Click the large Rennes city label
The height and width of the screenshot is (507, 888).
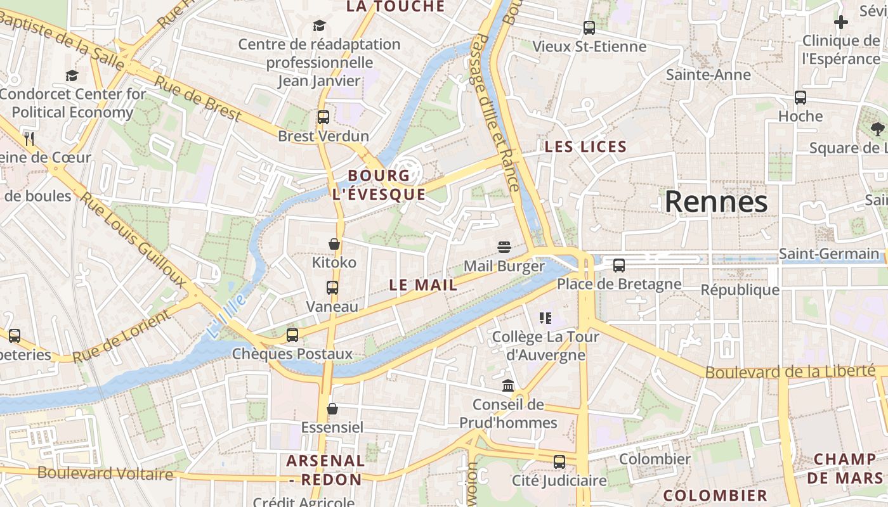[716, 202]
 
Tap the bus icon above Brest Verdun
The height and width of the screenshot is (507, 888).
[323, 117]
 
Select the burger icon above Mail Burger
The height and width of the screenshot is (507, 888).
[504, 247]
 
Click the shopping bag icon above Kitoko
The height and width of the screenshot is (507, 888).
[334, 244]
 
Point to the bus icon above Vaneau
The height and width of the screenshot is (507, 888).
[332, 288]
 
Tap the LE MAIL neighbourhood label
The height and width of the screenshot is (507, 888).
[423, 285]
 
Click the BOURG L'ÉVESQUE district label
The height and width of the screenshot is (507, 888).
[379, 184]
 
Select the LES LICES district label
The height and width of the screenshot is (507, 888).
[585, 147]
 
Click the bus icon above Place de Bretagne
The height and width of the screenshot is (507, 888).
[619, 266]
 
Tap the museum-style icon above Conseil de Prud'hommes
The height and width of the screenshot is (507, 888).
[508, 385]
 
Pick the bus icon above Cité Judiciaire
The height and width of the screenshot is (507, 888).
[559, 462]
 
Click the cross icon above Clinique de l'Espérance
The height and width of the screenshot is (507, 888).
[841, 23]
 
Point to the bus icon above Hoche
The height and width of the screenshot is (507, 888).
[800, 98]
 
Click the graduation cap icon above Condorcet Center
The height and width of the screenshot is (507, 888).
[72, 76]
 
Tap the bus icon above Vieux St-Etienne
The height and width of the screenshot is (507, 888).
[589, 28]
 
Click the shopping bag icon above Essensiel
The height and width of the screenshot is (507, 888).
[332, 409]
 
